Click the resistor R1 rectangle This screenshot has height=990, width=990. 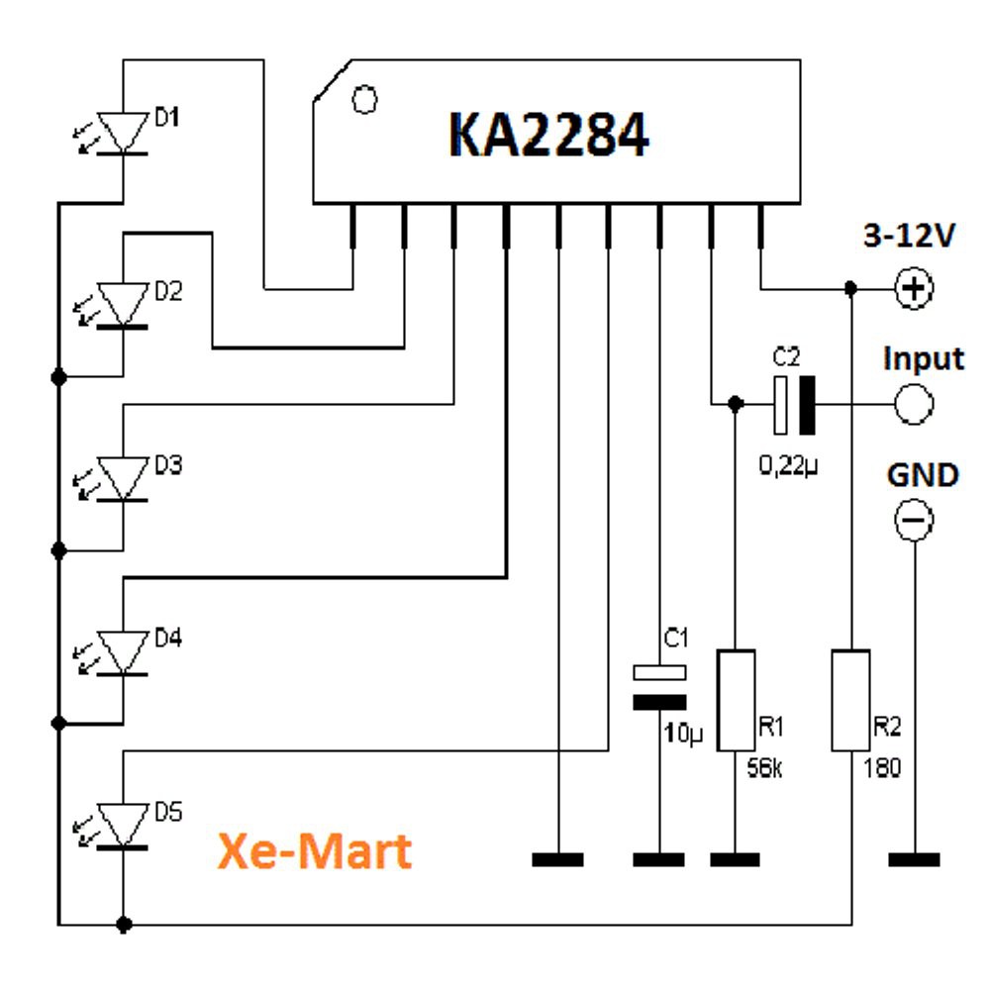(x=736, y=700)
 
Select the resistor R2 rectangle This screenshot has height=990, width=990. (x=850, y=700)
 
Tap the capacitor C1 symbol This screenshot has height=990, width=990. (x=659, y=687)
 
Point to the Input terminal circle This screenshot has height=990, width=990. (x=913, y=403)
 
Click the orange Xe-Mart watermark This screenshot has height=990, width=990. (x=315, y=850)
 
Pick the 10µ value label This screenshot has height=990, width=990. (x=682, y=734)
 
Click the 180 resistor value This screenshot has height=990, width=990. (x=882, y=767)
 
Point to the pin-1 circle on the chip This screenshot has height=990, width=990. (x=365, y=99)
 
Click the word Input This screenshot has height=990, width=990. (x=923, y=357)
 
